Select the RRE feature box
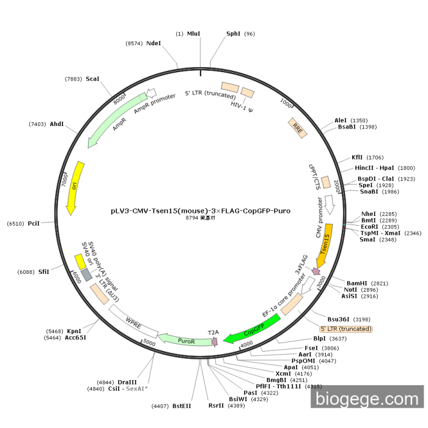click(297, 127)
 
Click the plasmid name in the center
click(201, 210)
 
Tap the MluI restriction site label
click(194, 34)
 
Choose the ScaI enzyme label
click(92, 79)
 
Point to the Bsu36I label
click(341, 319)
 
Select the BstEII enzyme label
click(182, 405)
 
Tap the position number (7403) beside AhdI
click(38, 124)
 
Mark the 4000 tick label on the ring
click(246, 346)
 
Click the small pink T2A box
click(215, 341)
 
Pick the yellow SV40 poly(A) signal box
click(80, 261)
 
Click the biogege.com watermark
click(367, 399)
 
